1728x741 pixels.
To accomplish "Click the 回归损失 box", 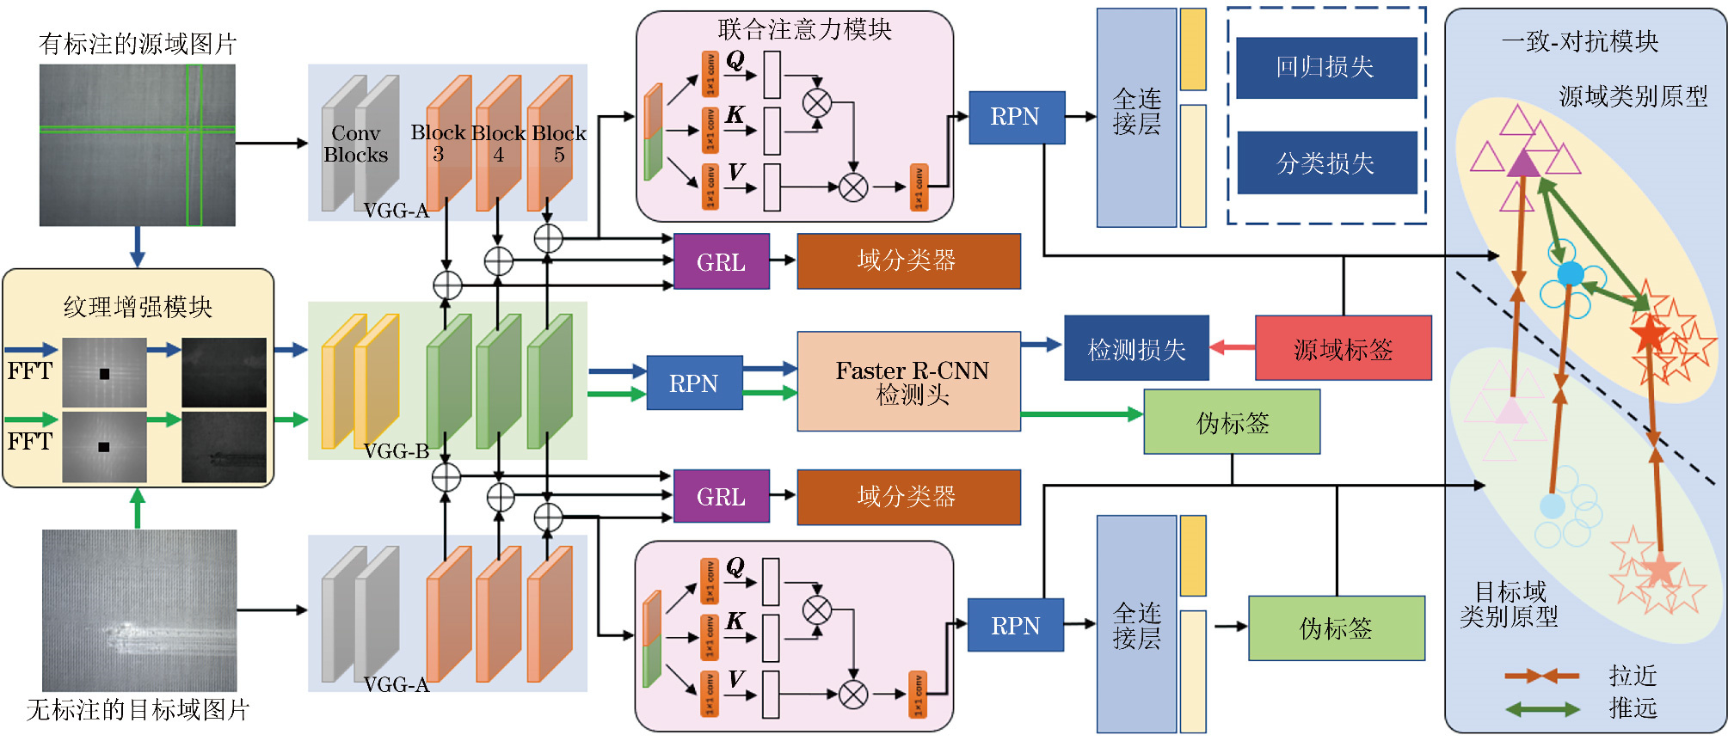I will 1325,68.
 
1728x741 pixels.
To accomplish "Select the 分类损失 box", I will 1326,162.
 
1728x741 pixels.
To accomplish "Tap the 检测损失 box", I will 1136,348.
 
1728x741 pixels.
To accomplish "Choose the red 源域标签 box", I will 1343,348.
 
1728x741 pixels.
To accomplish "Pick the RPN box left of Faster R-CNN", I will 693,383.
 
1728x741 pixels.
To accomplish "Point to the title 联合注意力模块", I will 804,29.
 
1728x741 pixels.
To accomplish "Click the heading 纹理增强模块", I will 138,307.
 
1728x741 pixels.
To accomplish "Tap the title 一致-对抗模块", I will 1580,41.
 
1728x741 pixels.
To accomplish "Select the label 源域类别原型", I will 1633,96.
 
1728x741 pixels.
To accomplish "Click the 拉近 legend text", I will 1633,676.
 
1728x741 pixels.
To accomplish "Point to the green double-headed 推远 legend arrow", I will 1541,709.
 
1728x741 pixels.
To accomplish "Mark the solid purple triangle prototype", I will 1523,162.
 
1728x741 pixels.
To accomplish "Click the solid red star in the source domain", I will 1648,334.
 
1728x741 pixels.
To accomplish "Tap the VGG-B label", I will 396,451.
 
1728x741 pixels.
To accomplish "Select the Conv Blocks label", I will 355,144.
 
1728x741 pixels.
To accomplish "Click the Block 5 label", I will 559,144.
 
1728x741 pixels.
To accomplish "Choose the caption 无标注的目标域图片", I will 138,710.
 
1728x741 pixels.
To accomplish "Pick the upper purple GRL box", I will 721,262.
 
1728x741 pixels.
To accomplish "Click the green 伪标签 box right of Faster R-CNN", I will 1232,422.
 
